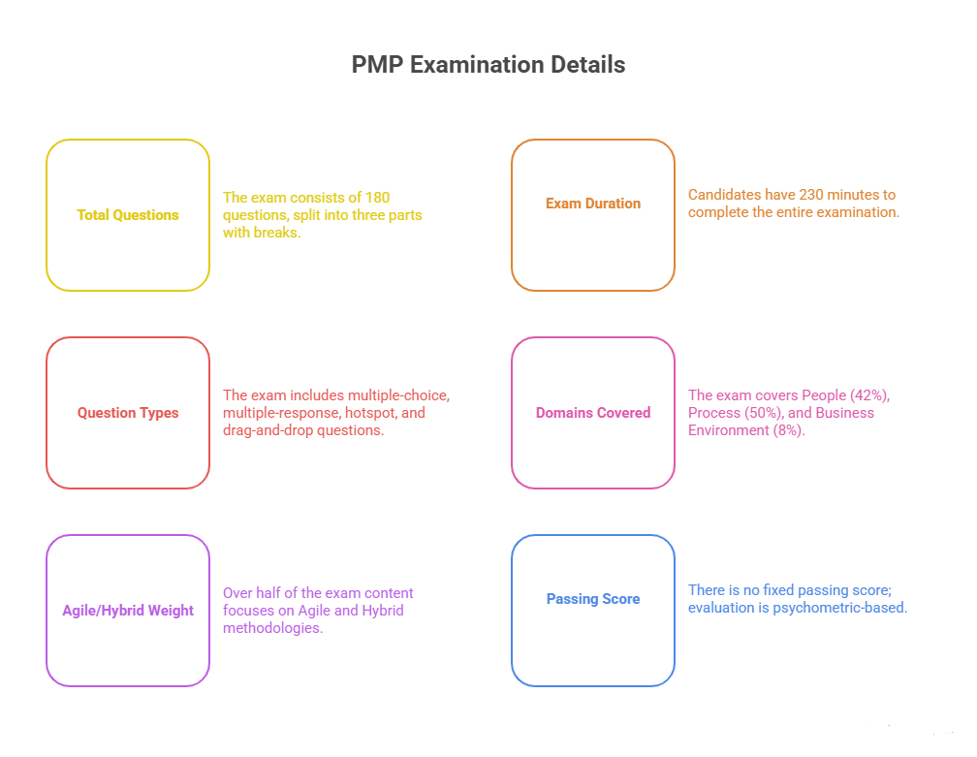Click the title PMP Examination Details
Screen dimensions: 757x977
(488, 65)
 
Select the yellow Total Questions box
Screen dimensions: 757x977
(128, 215)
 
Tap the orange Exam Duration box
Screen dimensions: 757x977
(593, 215)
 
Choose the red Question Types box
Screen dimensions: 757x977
(128, 413)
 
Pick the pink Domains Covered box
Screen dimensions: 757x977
(593, 413)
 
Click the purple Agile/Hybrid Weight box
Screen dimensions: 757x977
(128, 611)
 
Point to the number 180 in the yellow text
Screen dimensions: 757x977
(377, 198)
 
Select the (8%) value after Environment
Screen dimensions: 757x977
(790, 430)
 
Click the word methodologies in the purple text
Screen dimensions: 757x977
(272, 628)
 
